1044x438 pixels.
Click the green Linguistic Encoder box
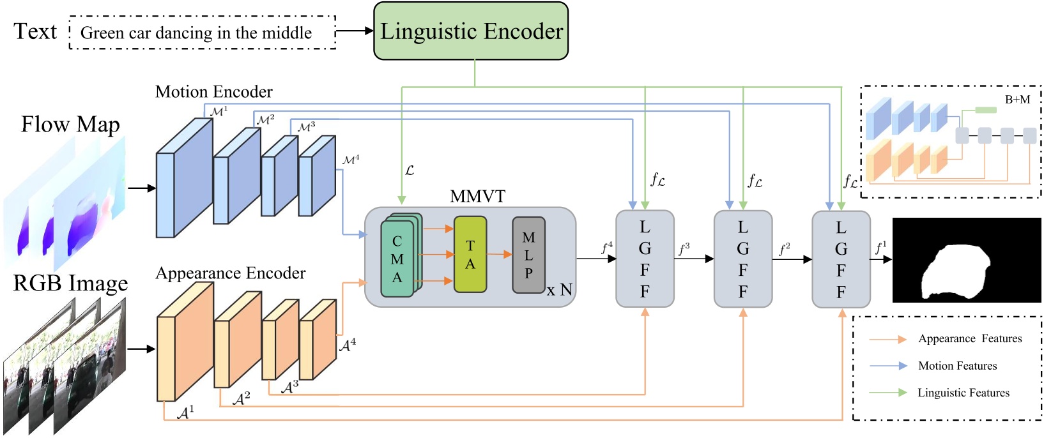point(471,31)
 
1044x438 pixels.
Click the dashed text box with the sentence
point(202,33)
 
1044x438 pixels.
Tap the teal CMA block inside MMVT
point(397,259)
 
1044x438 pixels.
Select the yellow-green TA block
point(470,254)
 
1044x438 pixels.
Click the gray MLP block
point(528,255)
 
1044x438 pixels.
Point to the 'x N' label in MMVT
point(559,291)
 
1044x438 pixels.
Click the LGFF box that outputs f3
point(645,259)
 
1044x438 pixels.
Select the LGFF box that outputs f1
point(841,259)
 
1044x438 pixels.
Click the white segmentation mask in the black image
point(955,271)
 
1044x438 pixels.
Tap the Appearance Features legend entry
point(969,339)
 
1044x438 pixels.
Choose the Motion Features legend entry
point(957,366)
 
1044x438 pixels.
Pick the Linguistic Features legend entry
point(963,393)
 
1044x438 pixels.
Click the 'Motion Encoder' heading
point(214,92)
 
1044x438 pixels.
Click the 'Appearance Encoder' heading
point(231,273)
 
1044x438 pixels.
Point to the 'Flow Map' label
point(70,124)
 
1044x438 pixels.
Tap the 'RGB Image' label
point(70,283)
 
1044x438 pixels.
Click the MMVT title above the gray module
point(477,196)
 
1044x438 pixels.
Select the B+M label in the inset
point(1017,100)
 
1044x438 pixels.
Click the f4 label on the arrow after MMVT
point(607,247)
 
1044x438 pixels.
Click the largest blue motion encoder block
point(184,179)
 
